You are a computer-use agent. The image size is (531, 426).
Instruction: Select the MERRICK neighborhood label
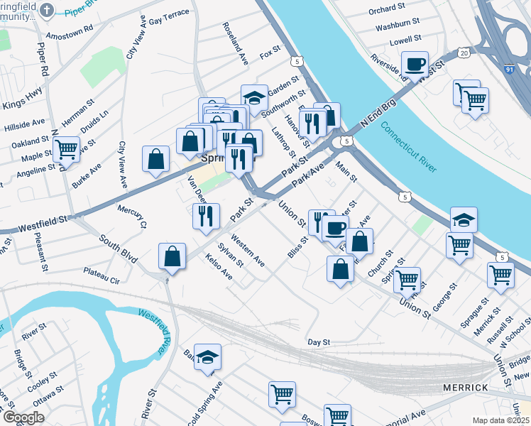click(465, 388)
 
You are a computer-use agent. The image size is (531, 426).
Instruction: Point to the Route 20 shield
click(464, 53)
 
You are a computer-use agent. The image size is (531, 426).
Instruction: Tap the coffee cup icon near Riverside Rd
click(415, 65)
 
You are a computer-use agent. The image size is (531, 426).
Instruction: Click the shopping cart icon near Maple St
click(66, 149)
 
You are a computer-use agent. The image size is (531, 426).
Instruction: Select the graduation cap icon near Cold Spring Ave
click(207, 357)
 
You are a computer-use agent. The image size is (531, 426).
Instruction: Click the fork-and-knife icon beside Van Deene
click(206, 215)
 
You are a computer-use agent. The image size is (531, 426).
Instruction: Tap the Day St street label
click(319, 342)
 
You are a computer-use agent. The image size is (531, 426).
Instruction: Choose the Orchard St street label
click(387, 11)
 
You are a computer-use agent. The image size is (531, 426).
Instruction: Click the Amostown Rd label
click(69, 33)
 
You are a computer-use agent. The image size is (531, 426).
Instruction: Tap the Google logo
click(23, 417)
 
